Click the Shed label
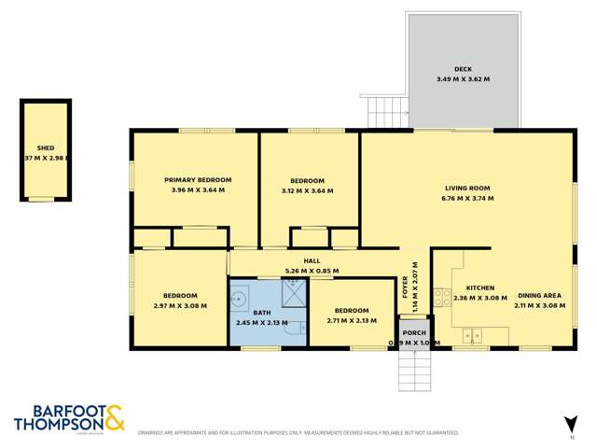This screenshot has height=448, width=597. (45, 148)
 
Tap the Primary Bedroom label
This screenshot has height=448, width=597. (198, 179)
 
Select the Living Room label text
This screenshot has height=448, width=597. (466, 189)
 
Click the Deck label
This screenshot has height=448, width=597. (464, 69)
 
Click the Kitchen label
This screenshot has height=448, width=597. (479, 287)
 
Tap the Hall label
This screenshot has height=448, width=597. (312, 261)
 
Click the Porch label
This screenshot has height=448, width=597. (414, 333)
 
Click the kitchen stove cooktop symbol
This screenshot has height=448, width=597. (442, 297)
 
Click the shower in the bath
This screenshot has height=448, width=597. (292, 291)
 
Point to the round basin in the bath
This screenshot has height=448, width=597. (241, 291)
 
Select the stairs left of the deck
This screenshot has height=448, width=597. (382, 113)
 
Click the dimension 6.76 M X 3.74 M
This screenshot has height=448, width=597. (466, 199)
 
